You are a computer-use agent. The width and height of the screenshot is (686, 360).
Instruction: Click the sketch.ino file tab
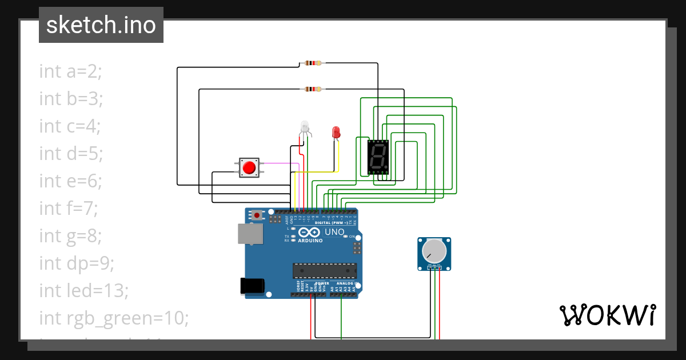click(x=101, y=25)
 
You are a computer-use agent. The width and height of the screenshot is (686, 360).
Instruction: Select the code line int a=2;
click(x=70, y=71)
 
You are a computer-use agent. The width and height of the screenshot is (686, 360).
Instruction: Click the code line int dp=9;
click(x=77, y=263)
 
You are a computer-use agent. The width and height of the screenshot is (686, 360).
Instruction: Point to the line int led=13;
click(x=83, y=291)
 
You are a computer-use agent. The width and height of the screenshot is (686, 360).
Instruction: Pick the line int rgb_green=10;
click(x=114, y=318)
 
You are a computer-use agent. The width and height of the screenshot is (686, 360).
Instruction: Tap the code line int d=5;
click(x=70, y=154)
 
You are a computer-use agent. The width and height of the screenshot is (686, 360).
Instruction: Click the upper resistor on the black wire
click(x=313, y=63)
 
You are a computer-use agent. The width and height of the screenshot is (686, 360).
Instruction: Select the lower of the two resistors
click(x=313, y=89)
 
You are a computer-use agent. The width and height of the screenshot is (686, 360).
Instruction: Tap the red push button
click(x=249, y=167)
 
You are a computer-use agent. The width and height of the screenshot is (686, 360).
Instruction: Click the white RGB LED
click(x=304, y=126)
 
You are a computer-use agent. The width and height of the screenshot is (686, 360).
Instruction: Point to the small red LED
click(x=336, y=132)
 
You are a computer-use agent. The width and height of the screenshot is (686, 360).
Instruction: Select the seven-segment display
click(x=378, y=157)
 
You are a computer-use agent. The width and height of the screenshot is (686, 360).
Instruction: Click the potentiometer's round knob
click(x=434, y=250)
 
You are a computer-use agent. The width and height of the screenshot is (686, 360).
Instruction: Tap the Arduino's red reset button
click(x=257, y=215)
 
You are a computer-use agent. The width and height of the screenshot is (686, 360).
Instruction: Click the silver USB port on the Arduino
click(x=250, y=234)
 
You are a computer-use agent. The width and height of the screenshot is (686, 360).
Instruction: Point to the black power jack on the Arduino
click(x=253, y=286)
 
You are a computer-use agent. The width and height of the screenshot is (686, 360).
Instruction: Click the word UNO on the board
click(x=334, y=232)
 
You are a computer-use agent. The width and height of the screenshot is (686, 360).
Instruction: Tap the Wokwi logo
click(x=607, y=315)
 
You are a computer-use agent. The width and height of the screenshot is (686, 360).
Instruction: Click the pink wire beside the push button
click(x=280, y=163)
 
